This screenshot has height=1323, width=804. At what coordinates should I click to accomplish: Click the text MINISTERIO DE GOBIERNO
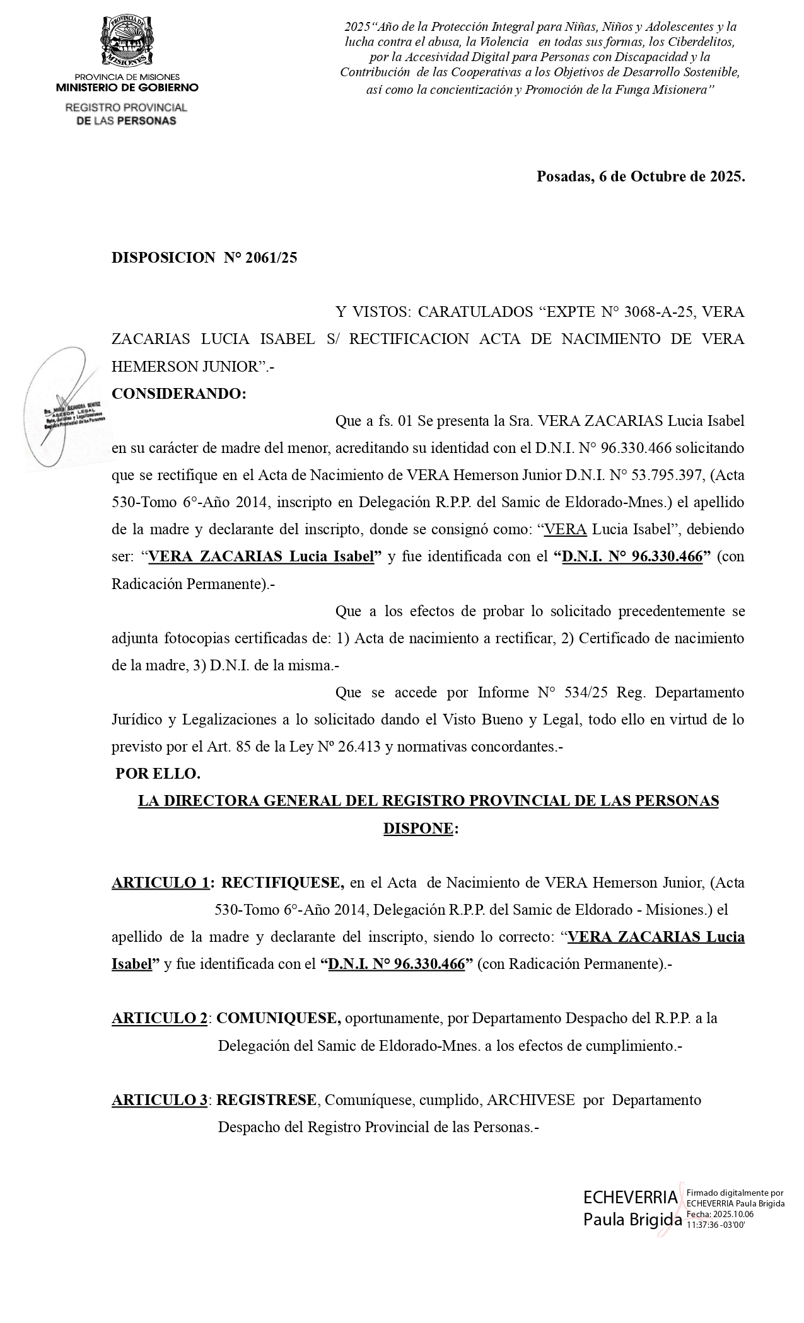coord(127,88)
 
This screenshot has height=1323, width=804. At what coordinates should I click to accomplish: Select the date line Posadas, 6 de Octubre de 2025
coord(641,176)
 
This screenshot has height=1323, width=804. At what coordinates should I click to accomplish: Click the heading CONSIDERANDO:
coord(179,394)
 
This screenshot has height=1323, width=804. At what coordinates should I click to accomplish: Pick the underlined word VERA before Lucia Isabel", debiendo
coord(565,530)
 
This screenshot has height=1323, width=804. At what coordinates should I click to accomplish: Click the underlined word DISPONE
coord(418,828)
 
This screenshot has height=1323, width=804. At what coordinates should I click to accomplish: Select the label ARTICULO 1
coord(160,883)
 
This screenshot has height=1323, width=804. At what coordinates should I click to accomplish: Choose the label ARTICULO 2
coord(160,1018)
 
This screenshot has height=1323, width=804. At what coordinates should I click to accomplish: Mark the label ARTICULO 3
coord(160,1100)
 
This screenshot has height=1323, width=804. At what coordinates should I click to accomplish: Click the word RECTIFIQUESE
coord(283,883)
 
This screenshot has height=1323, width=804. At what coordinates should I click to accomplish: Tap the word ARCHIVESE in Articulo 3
coord(531,1100)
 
